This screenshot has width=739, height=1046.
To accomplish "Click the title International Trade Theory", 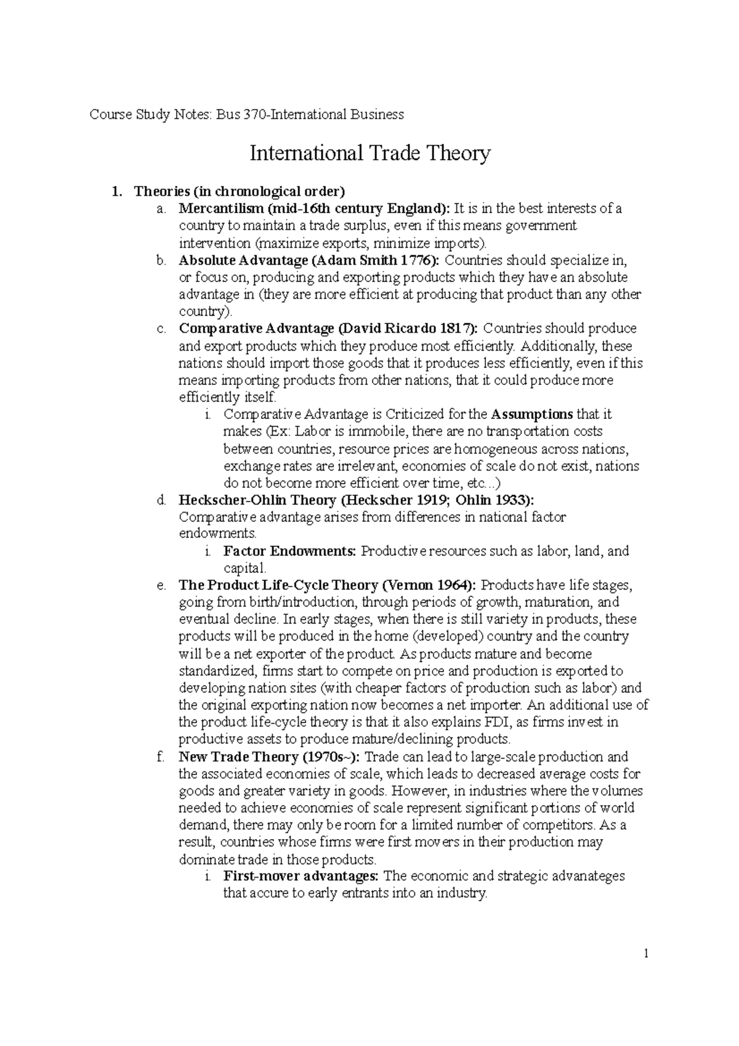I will pyautogui.click(x=369, y=153).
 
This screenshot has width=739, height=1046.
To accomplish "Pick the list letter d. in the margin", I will pyautogui.click(x=161, y=500).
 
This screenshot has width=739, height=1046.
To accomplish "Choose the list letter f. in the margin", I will pyautogui.click(x=161, y=756).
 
